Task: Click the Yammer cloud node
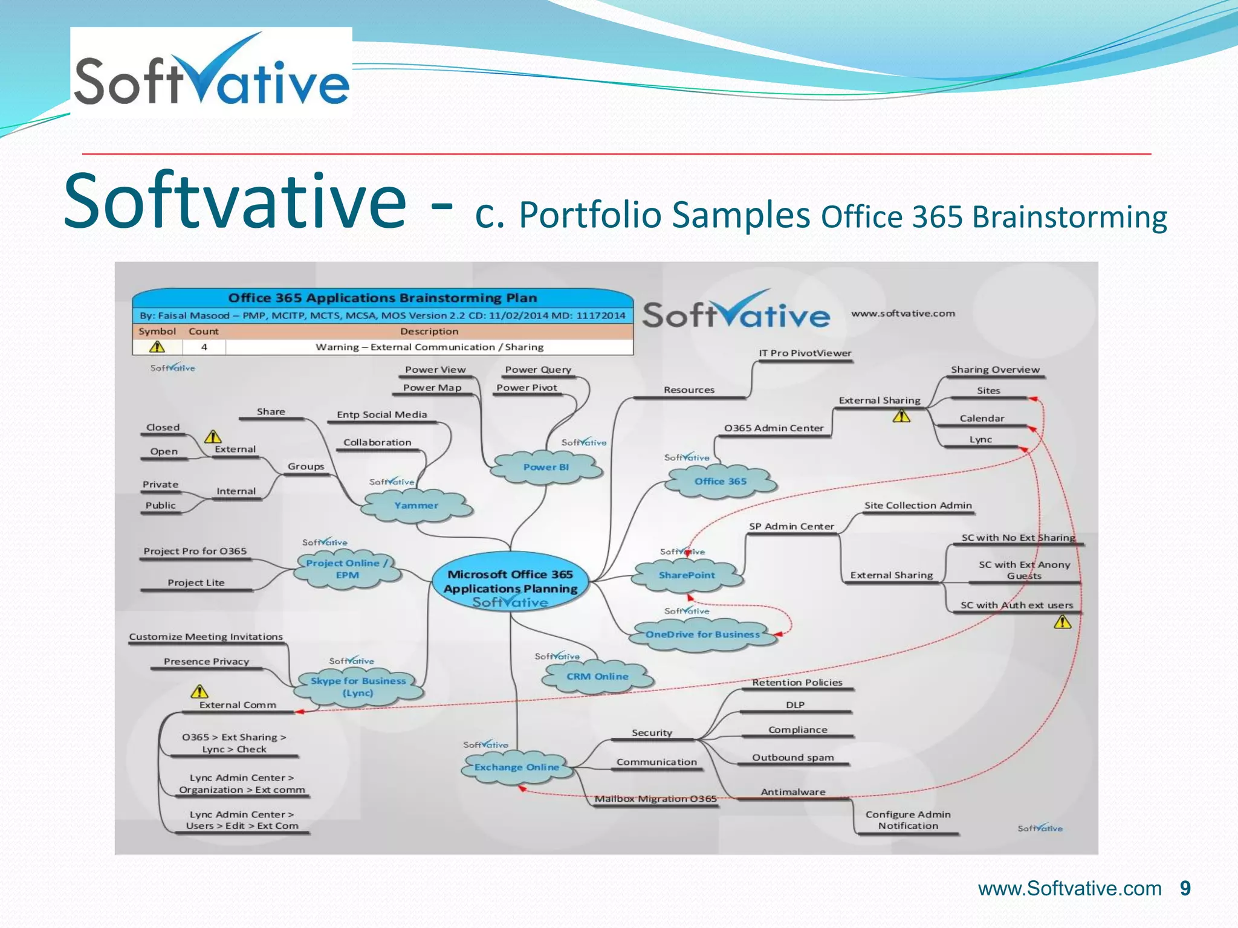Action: pyautogui.click(x=416, y=506)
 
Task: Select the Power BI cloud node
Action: pyautogui.click(x=546, y=467)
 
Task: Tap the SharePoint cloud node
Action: pyautogui.click(x=687, y=575)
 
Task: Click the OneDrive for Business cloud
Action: pyautogui.click(x=702, y=634)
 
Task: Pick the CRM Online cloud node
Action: pyautogui.click(x=597, y=677)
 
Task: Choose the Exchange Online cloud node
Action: pyautogui.click(x=517, y=767)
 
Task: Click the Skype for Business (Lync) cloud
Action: pyautogui.click(x=358, y=687)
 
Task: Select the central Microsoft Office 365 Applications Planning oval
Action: pyautogui.click(x=510, y=582)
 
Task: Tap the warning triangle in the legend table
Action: pyautogui.click(x=157, y=347)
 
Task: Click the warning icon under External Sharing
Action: pyautogui.click(x=901, y=416)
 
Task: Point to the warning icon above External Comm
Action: pyautogui.click(x=199, y=691)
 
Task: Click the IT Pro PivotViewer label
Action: pyautogui.click(x=805, y=353)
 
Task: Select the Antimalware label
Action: pyautogui.click(x=792, y=792)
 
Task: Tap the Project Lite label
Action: pyautogui.click(x=196, y=583)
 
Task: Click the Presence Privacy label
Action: pyautogui.click(x=206, y=662)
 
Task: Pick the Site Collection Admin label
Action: pyautogui.click(x=918, y=506)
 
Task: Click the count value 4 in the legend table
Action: pyautogui.click(x=204, y=347)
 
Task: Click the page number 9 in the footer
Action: pyautogui.click(x=1185, y=889)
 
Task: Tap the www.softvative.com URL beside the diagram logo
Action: pyautogui.click(x=903, y=314)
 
